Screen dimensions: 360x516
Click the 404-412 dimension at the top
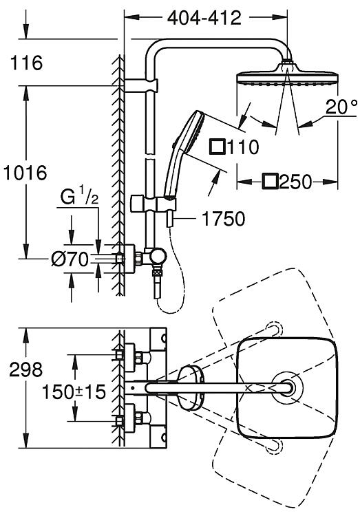pos(204,18)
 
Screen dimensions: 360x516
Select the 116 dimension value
pos(26,63)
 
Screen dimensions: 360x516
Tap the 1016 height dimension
pos(25,173)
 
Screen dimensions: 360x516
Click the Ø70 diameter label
pos(70,259)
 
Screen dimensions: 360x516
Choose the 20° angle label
pos(341,107)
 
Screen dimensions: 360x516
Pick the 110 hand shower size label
pos(243,147)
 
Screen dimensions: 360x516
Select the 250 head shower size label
pos(295,182)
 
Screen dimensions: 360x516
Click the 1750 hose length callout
pos(224,219)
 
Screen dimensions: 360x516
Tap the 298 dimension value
pos(26,369)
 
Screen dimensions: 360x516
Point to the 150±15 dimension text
pos(74,391)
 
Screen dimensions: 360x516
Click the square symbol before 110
pos(218,147)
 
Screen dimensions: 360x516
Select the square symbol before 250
pos(270,182)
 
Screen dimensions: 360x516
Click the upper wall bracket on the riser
pos(142,85)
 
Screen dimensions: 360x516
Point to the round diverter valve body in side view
pos(157,257)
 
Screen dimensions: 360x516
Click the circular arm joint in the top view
pos(286,387)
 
